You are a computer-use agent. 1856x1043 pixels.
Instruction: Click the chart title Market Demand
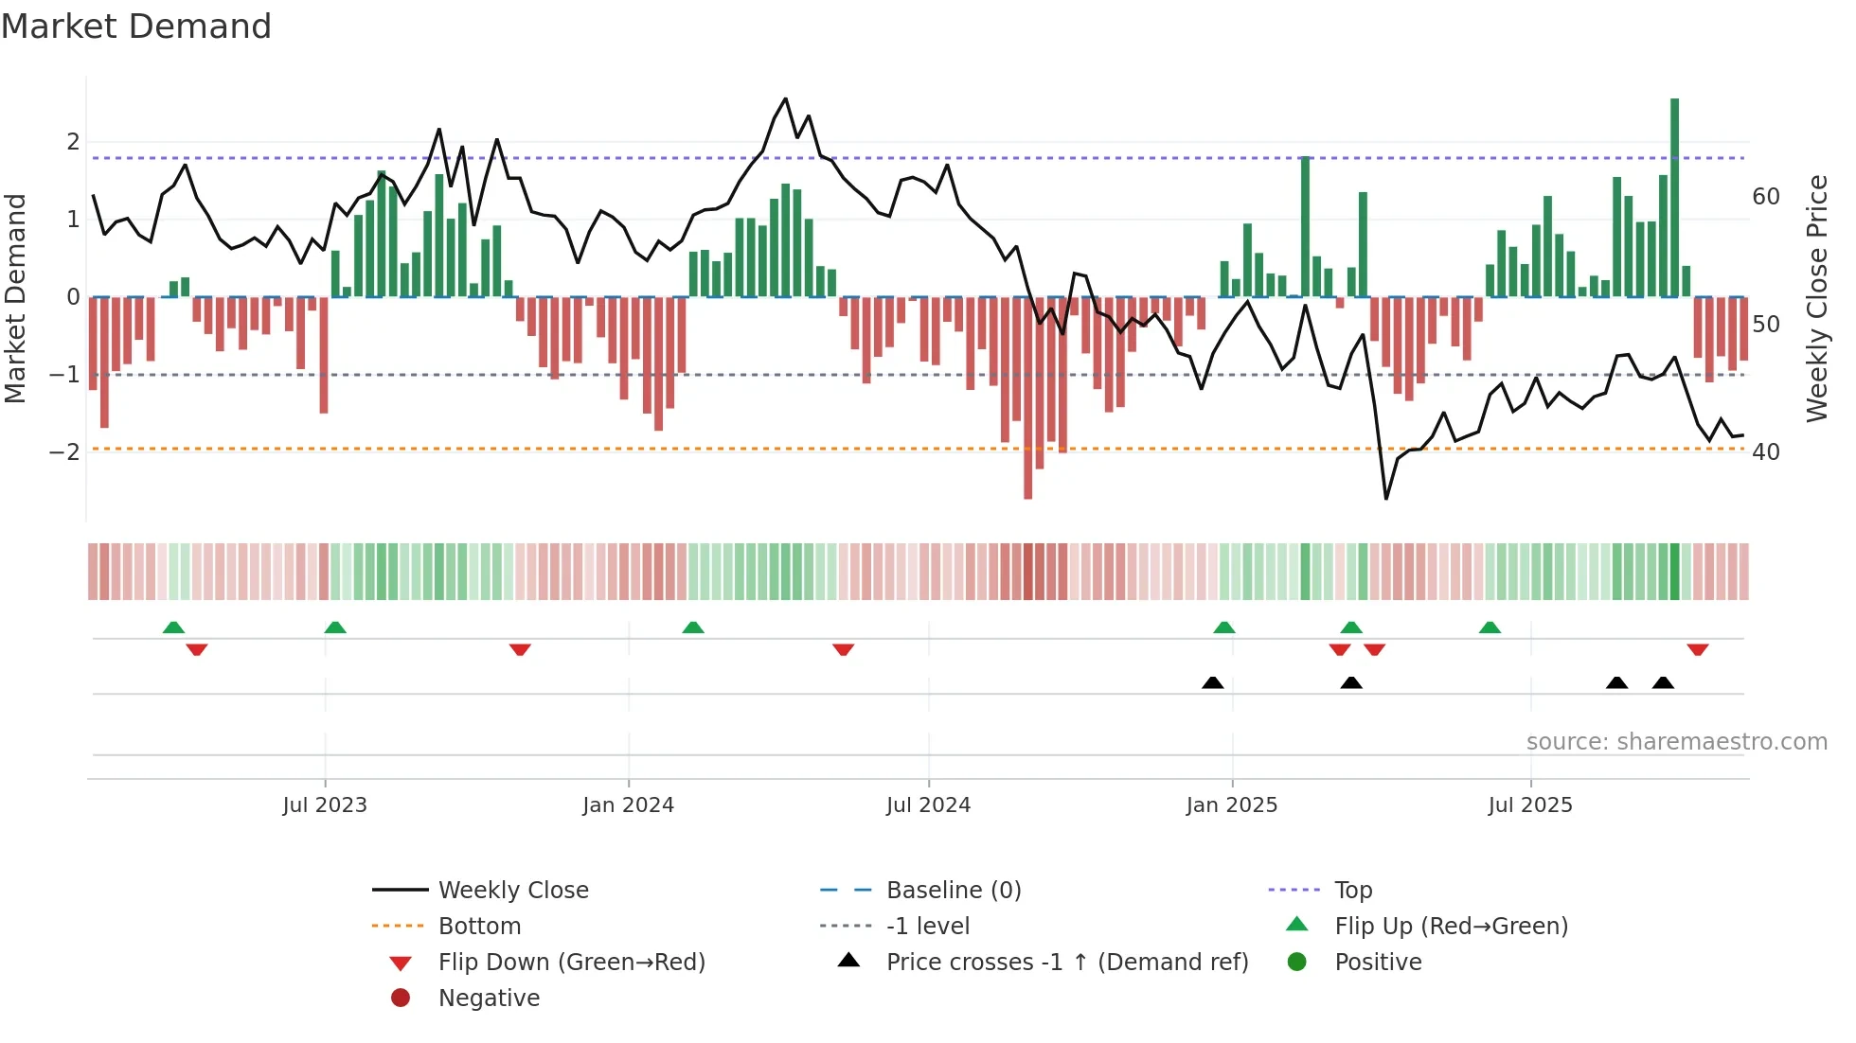(x=136, y=27)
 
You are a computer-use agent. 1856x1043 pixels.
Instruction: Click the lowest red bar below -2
(x=1027, y=398)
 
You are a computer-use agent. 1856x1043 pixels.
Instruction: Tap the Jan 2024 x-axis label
(x=628, y=805)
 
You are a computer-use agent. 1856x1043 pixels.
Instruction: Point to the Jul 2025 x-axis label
(x=1529, y=805)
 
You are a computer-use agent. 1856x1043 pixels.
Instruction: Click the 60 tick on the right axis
(x=1766, y=197)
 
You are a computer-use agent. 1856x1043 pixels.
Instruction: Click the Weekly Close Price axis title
(x=1816, y=298)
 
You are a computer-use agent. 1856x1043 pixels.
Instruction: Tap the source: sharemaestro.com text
(x=1676, y=742)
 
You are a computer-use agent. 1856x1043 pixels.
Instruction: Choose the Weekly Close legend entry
(x=512, y=891)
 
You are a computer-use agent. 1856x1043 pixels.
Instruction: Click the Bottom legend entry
(x=479, y=927)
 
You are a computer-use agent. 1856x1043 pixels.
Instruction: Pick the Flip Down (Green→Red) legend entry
(x=571, y=963)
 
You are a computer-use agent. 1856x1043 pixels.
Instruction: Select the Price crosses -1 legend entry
(x=1066, y=963)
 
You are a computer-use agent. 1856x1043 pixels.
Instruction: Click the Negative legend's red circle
(x=401, y=999)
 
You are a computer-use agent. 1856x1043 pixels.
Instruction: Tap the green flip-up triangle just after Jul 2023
(x=335, y=628)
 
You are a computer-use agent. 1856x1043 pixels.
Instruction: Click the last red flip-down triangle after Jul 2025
(x=1697, y=649)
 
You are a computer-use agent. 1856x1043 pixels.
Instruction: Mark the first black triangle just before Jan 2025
(x=1212, y=682)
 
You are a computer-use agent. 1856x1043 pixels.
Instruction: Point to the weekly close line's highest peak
(x=785, y=98)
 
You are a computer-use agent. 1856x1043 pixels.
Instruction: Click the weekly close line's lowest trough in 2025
(x=1386, y=498)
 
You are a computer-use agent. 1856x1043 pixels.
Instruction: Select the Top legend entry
(x=1352, y=891)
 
